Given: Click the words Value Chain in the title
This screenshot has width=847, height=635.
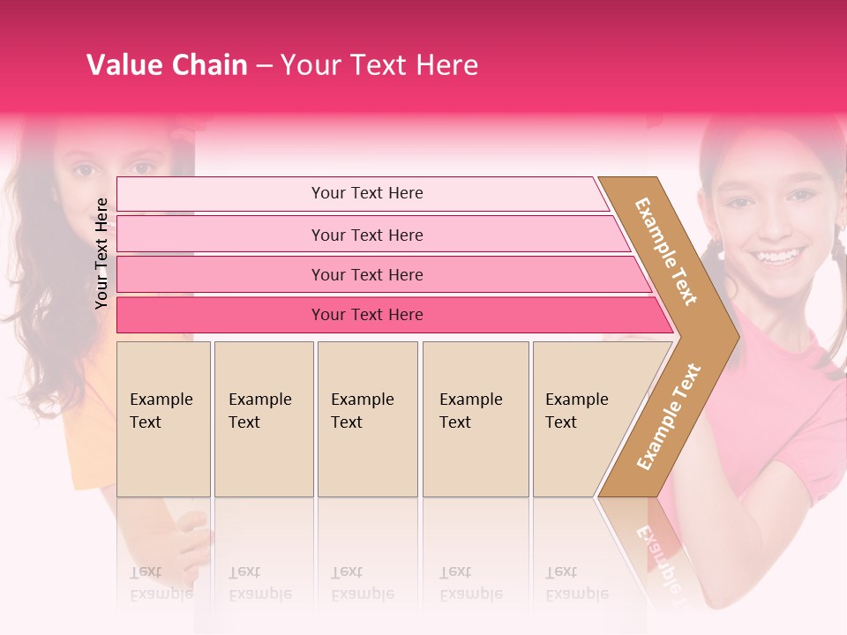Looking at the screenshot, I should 167,65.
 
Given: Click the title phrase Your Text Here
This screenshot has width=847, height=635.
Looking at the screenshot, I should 379,65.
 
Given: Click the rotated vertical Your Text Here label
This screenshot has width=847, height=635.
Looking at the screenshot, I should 101,253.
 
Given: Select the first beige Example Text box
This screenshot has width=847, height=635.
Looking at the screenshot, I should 163,419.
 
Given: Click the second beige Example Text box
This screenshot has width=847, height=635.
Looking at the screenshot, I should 264,419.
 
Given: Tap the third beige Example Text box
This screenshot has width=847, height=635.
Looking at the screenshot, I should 367,419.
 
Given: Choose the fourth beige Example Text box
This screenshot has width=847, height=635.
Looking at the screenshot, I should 476,419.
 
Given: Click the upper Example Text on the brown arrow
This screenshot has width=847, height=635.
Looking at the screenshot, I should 666,251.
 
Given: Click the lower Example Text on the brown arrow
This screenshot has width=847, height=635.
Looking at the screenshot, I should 669,416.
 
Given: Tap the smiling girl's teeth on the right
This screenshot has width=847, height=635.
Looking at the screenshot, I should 777,257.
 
